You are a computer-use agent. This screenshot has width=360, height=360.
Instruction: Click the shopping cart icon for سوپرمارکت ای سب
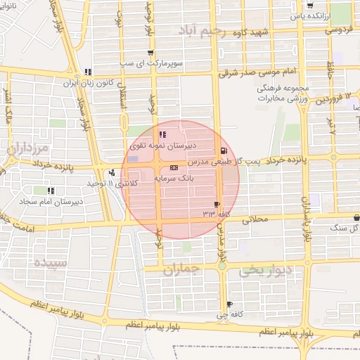150,53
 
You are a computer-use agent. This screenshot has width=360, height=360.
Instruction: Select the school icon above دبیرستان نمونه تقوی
163,134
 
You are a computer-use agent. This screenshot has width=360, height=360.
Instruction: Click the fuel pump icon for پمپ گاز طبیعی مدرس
224,150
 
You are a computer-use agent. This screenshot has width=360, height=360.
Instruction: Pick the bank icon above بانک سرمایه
174,168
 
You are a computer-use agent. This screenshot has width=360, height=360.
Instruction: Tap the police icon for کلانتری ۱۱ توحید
112,172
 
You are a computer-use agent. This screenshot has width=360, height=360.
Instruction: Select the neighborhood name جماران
182,269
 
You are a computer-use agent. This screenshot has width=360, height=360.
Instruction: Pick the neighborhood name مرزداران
26,148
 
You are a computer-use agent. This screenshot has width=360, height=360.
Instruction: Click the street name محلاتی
255,219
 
